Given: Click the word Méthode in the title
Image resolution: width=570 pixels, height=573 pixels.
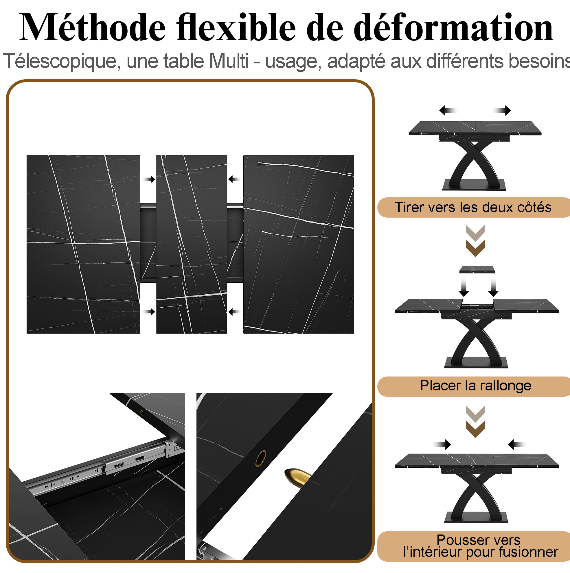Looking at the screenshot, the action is [92, 27].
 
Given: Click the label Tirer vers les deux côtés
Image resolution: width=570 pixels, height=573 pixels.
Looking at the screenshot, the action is [473, 207].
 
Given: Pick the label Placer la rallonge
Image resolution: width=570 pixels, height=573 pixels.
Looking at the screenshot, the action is [475, 386].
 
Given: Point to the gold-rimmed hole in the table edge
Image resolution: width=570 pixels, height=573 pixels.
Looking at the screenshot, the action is [261, 458].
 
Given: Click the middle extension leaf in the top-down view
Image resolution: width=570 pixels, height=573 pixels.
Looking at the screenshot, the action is [192, 244].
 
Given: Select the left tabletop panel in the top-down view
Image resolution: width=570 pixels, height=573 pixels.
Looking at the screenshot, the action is [83, 244].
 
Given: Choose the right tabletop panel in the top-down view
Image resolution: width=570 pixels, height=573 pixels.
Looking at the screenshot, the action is [299, 244].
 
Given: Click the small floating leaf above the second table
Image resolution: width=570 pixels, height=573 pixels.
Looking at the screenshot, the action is [477, 269].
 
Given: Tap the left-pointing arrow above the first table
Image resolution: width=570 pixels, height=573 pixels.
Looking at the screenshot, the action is [448, 111].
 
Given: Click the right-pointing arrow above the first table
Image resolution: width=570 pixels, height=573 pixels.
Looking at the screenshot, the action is [502, 111].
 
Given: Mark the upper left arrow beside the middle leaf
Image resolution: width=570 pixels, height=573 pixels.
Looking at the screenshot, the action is [150, 179].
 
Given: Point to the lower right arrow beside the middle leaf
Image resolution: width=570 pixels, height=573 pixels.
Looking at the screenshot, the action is [234, 312].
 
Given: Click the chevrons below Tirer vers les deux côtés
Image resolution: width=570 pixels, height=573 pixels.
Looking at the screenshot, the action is [475, 241].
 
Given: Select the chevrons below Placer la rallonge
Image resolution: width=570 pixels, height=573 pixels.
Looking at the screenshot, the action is [475, 422].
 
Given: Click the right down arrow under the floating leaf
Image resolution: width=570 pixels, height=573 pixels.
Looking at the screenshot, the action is [493, 287].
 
